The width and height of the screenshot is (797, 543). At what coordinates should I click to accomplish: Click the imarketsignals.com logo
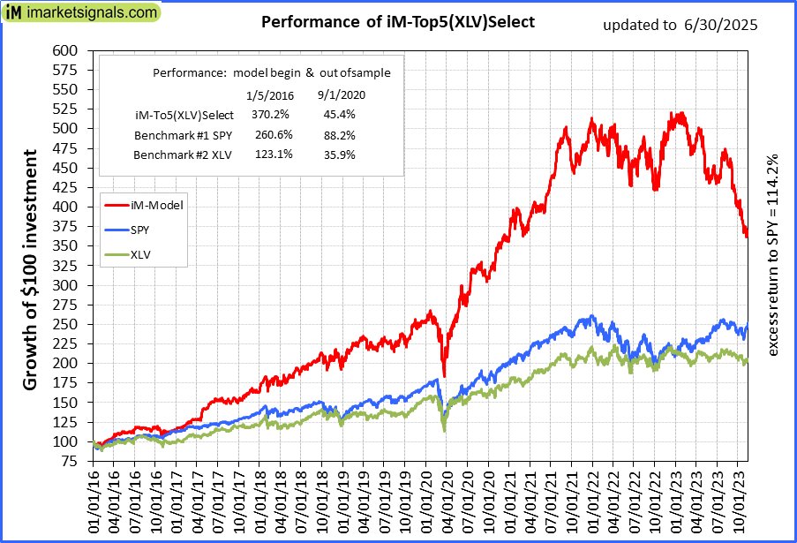coord(80,12)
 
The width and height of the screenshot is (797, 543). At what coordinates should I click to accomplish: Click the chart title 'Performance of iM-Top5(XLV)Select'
coord(398,21)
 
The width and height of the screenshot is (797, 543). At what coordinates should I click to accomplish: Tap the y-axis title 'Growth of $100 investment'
coord(30,269)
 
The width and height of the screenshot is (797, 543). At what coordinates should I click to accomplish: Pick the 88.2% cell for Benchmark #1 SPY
coord(335,135)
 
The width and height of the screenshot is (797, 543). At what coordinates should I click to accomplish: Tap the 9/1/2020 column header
coord(341,94)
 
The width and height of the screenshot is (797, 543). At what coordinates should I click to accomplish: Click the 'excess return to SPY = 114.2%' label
coord(773,256)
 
